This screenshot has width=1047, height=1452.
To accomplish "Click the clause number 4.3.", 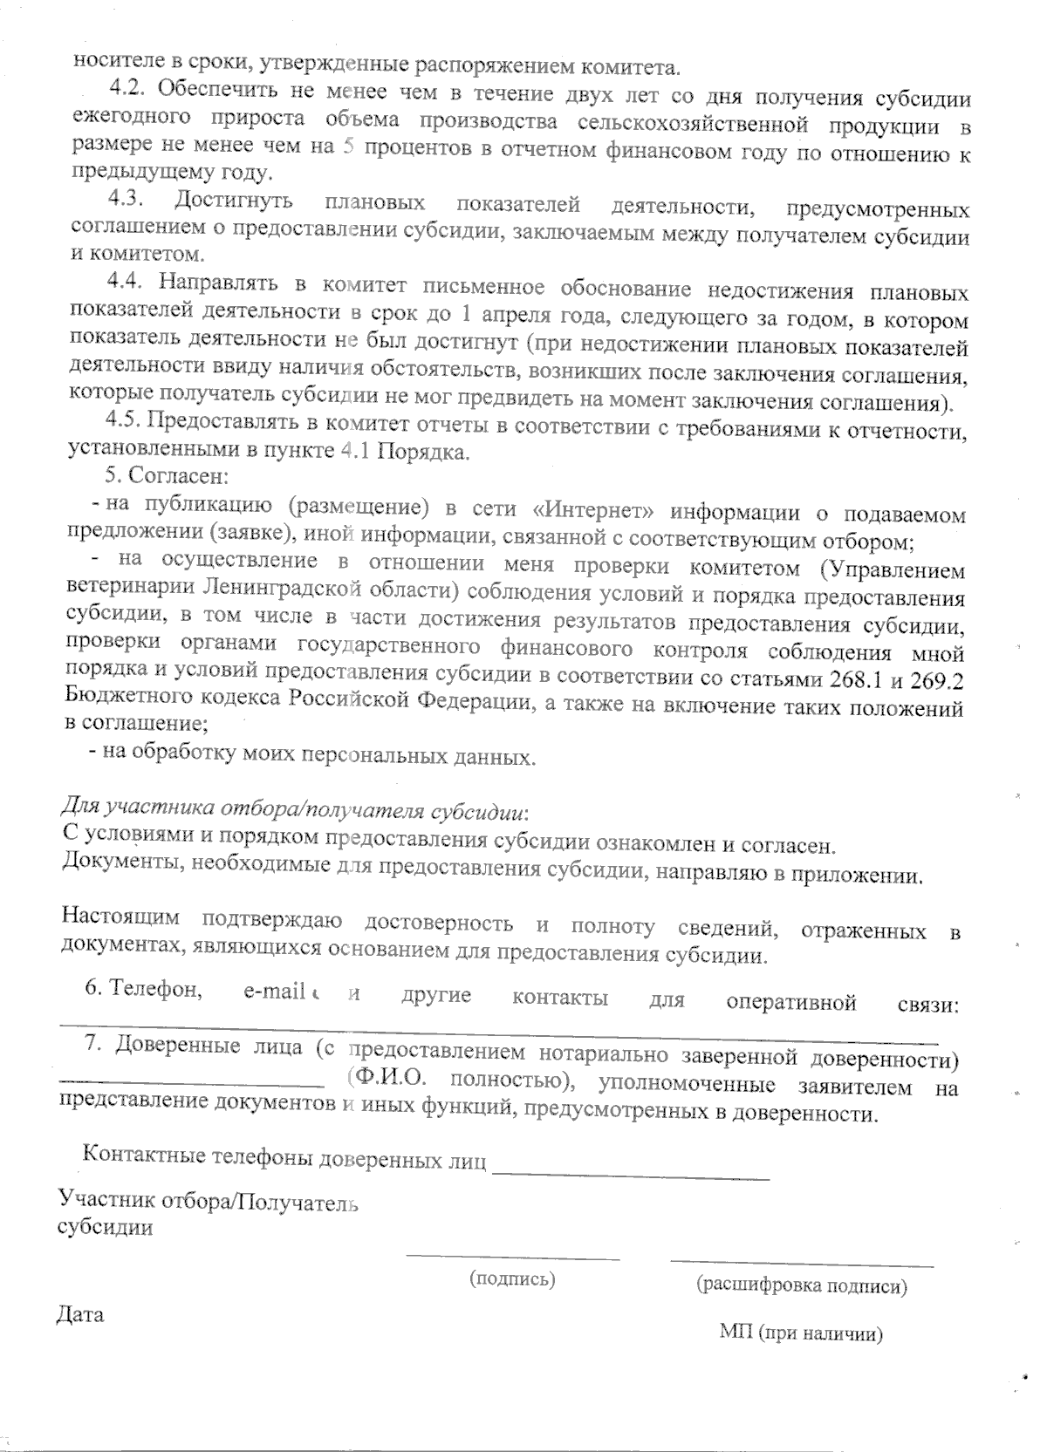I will pyautogui.click(x=126, y=199).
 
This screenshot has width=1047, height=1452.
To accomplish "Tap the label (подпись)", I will pyautogui.click(x=512, y=1279).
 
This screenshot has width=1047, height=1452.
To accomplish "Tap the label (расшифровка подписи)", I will pyautogui.click(x=802, y=1285).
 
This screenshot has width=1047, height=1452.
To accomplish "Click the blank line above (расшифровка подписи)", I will pyautogui.click(x=802, y=1262).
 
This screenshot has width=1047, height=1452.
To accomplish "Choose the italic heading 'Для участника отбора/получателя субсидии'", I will pyautogui.click(x=296, y=808).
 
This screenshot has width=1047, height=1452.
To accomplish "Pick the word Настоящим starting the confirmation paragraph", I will pyautogui.click(x=121, y=917).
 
